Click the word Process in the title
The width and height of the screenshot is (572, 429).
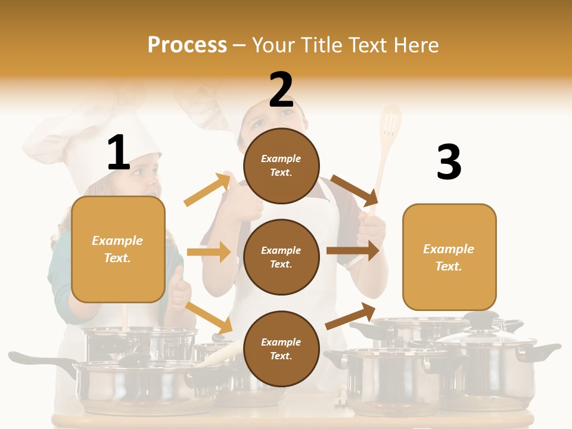tap(187, 45)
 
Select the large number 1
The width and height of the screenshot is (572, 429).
tap(119, 153)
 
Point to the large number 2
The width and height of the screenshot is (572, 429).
tap(281, 90)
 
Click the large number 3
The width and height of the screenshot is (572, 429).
tap(449, 163)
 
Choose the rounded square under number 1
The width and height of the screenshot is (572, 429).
tap(118, 249)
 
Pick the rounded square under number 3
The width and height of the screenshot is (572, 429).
tap(449, 257)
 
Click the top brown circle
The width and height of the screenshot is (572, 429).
tap(281, 165)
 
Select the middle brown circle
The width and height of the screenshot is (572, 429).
tap(281, 257)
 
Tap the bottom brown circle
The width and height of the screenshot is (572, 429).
tap(281, 349)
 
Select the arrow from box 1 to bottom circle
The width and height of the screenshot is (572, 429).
tap(209, 318)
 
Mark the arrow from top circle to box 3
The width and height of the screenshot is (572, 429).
tap(355, 189)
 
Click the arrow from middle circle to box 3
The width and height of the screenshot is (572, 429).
tap(353, 251)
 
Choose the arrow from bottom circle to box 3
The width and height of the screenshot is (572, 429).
tap(350, 316)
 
